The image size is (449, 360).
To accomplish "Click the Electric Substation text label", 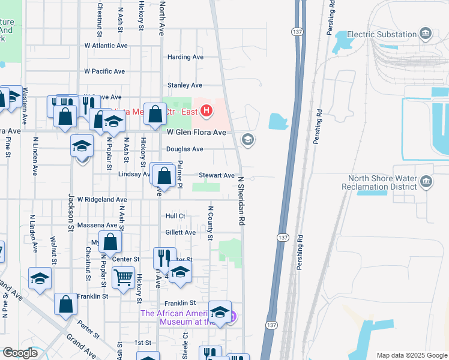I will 381,35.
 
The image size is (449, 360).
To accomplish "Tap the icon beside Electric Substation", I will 426,33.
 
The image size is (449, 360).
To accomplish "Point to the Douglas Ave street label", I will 185,149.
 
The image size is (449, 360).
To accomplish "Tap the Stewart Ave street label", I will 217,175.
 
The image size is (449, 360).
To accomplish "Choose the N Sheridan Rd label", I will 242,201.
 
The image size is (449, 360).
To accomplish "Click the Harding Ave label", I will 185,57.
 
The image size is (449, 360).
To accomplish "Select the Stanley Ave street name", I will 184,85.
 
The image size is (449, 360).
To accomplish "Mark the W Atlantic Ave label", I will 106,45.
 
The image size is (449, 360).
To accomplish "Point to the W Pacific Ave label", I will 104,71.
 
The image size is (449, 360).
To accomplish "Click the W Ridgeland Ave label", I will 105,199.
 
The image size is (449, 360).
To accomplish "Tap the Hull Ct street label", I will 175,215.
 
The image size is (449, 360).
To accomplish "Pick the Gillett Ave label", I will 180,232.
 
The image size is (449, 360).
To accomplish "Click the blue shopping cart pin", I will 123,278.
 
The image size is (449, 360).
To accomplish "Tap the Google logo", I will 20,353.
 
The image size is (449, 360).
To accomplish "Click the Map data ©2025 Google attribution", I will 411,355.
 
